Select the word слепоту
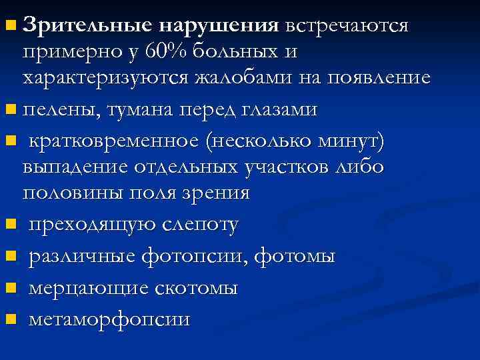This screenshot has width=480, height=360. pos(199,225)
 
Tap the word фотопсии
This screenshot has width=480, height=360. pos(196,256)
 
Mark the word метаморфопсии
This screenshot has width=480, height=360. pos(109,319)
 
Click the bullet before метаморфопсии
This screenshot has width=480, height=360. pos(10,319)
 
